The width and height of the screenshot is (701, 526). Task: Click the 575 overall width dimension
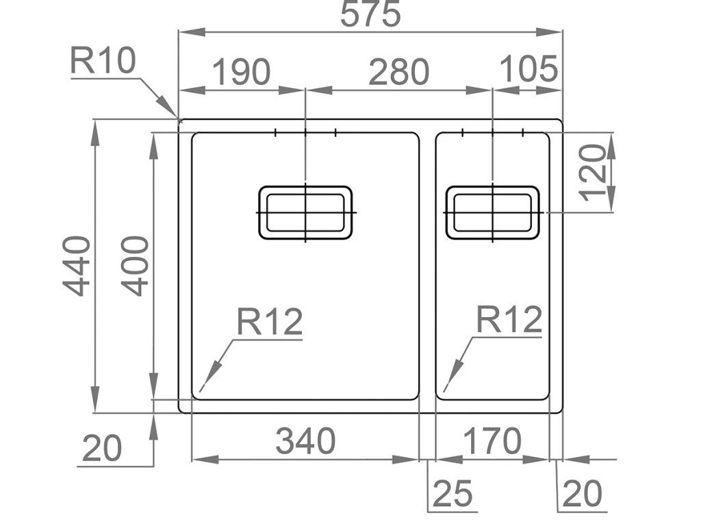[370, 14]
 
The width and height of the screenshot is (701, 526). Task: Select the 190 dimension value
[241, 72]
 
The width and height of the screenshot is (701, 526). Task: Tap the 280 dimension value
[398, 72]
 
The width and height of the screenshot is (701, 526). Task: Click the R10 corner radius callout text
[103, 62]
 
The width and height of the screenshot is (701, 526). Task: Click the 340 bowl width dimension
[305, 442]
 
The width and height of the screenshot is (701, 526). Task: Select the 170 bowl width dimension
[492, 442]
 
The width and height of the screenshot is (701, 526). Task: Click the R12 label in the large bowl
[270, 321]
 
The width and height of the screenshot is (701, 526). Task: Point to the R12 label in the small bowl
[509, 320]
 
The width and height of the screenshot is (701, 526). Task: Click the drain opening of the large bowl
[305, 212]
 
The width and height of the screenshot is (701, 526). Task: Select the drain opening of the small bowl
[492, 212]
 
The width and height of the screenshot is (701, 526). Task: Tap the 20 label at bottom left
[102, 449]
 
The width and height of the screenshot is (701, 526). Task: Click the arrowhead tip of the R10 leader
[177, 116]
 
